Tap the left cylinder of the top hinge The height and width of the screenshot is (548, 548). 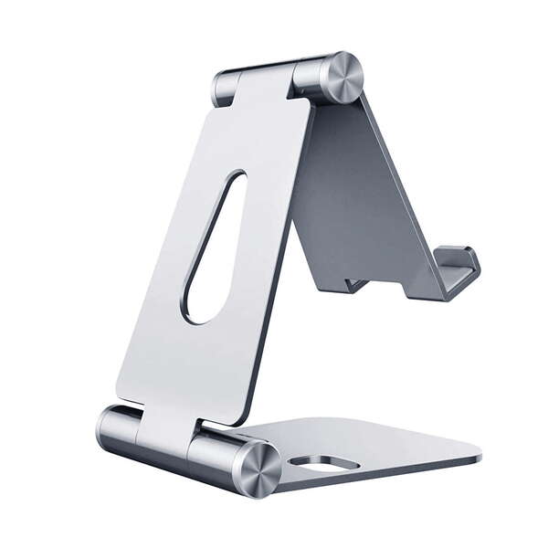click(x=227, y=88)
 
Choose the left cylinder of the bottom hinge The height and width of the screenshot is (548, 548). click(x=117, y=428)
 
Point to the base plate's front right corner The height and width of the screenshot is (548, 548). click(x=477, y=454)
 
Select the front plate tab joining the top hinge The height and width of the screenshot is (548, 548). click(x=265, y=87)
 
